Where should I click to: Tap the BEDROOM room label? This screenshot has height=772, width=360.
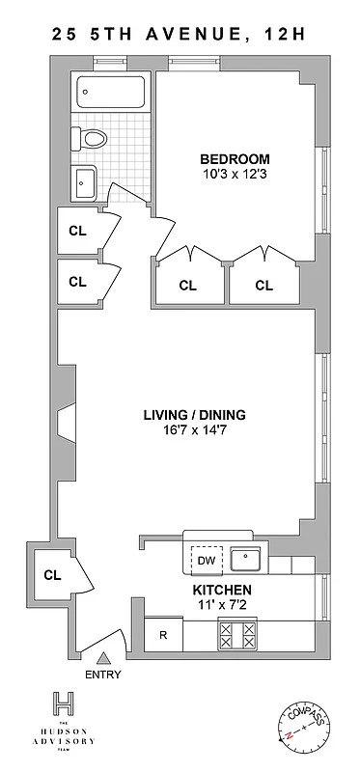click(x=235, y=159)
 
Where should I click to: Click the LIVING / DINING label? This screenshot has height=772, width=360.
click(x=194, y=415)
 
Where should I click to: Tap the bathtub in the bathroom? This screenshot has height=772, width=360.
click(x=112, y=95)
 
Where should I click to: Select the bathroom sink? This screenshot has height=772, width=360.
click(x=85, y=179)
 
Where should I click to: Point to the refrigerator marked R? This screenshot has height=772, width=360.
click(x=162, y=635)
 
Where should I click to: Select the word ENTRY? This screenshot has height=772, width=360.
click(x=103, y=675)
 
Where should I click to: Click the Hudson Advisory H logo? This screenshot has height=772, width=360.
click(x=65, y=706)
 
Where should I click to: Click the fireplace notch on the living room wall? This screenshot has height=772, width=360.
click(x=65, y=422)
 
